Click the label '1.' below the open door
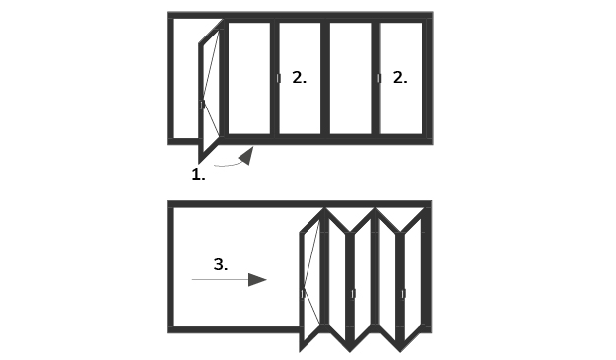[x=198, y=175]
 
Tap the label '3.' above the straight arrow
[x=221, y=264]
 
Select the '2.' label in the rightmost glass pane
[x=400, y=77]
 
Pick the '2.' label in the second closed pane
[x=299, y=77]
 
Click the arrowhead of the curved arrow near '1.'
[x=246, y=156]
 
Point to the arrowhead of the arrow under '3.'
[x=257, y=280]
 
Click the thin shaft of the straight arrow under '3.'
[x=220, y=279]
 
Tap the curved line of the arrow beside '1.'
[x=227, y=165]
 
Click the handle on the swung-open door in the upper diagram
[x=202, y=105]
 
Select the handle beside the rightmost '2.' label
[x=379, y=78]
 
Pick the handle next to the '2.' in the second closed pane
[x=279, y=78]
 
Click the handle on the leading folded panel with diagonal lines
[x=303, y=294]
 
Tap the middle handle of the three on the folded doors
[x=353, y=294]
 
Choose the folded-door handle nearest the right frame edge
[x=403, y=294]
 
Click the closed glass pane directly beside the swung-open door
[x=249, y=78]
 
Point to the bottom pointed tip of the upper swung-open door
[x=199, y=163]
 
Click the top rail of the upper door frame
[x=300, y=15]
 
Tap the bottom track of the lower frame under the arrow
[x=234, y=329]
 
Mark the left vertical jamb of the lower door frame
[x=171, y=267]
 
